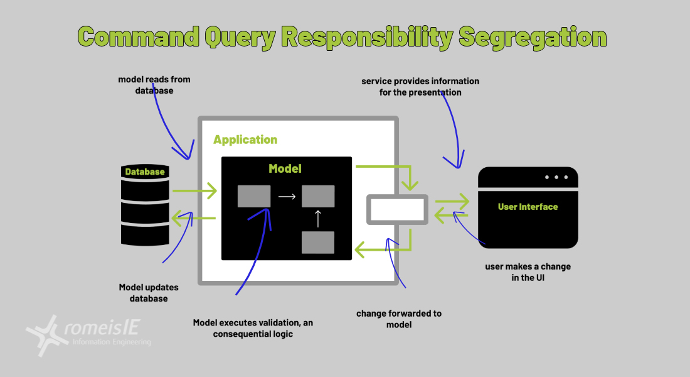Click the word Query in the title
239,37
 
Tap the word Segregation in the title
533,37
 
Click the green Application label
245,139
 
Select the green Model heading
285,168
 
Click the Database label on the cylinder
145,172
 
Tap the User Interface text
528,207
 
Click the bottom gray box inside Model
317,243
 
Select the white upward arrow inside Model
317,219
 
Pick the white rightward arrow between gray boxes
287,197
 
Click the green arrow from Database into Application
194,190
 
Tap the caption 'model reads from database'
154,85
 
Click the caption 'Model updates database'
149,293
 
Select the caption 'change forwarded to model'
399,319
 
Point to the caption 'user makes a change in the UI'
528,271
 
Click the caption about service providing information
420,87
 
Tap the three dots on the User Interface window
556,177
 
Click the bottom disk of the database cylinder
145,234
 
